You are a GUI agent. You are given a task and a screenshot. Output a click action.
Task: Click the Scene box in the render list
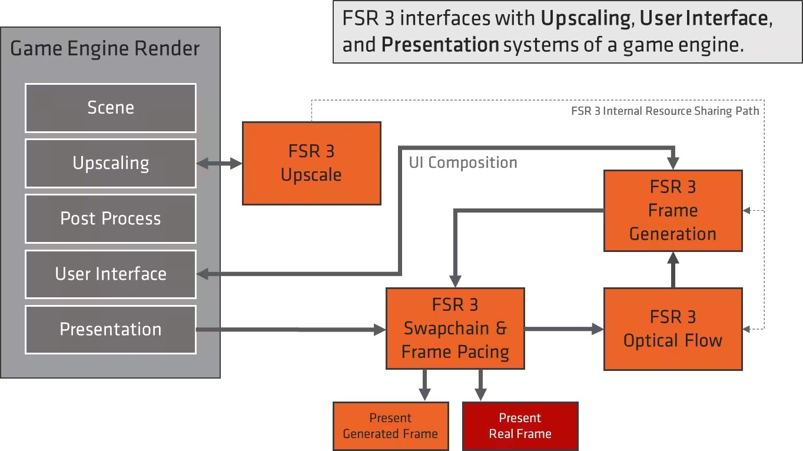(111, 108)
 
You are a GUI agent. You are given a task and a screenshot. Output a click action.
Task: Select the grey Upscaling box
(111, 164)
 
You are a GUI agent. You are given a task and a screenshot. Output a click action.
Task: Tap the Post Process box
(111, 218)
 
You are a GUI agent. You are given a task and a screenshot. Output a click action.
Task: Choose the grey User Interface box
(111, 274)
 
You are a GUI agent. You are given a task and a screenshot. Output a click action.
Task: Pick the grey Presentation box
(111, 330)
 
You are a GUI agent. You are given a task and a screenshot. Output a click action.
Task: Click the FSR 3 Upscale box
(311, 164)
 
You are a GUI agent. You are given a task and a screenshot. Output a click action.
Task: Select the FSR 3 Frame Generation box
(673, 211)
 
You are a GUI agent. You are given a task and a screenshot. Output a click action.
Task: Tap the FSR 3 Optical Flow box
(673, 329)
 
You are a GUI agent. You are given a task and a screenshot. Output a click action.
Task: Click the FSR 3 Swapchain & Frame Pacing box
(455, 329)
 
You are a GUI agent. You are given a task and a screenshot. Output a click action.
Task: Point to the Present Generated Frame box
(391, 426)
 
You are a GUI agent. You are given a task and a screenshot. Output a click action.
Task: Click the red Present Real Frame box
(520, 426)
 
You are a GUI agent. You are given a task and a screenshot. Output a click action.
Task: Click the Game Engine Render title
(105, 49)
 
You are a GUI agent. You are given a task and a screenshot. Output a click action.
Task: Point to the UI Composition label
(463, 163)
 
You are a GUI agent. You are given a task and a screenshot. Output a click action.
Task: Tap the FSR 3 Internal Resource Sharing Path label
(665, 111)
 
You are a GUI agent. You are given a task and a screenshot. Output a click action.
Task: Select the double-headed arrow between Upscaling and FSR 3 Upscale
(220, 164)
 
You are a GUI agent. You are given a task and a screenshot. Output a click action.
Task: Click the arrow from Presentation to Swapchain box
(291, 330)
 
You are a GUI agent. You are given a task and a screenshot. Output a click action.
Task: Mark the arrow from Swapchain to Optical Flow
(564, 329)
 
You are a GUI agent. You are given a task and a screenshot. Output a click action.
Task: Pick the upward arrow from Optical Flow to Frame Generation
(673, 270)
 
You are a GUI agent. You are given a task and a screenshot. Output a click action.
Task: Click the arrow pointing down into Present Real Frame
(480, 385)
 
